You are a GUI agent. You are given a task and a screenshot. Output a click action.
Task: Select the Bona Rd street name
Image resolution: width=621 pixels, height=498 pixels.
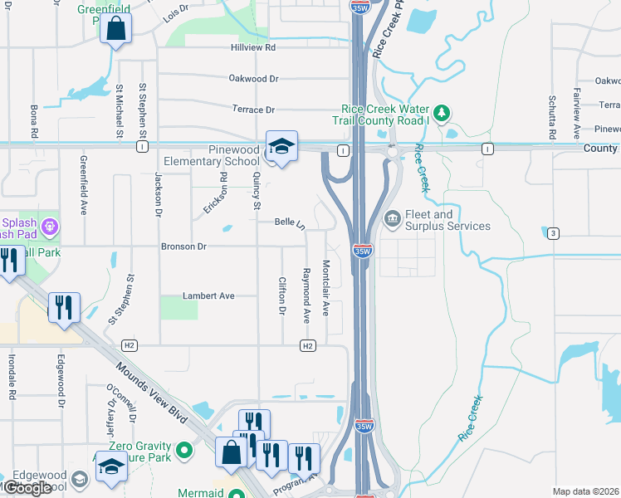(34, 121)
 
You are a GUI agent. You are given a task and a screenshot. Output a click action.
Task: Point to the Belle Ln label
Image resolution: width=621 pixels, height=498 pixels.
(290, 222)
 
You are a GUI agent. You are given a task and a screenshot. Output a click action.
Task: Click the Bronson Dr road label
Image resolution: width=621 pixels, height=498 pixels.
(184, 247)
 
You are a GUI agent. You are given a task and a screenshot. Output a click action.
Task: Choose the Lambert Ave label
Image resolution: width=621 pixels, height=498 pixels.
(208, 295)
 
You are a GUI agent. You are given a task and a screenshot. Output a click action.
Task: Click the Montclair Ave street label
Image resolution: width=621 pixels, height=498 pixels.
(326, 288)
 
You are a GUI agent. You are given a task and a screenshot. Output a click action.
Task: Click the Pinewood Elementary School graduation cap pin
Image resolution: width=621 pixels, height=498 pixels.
(281, 147)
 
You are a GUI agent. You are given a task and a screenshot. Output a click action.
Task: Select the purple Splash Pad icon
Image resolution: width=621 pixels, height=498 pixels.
(50, 225)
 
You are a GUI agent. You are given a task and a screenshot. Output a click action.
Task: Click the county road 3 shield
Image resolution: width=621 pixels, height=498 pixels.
(553, 233)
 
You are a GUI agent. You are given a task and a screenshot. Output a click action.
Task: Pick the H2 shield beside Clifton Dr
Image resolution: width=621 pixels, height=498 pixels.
(308, 345)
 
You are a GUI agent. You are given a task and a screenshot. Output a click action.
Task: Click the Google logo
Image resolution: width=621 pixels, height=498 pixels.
(27, 488)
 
